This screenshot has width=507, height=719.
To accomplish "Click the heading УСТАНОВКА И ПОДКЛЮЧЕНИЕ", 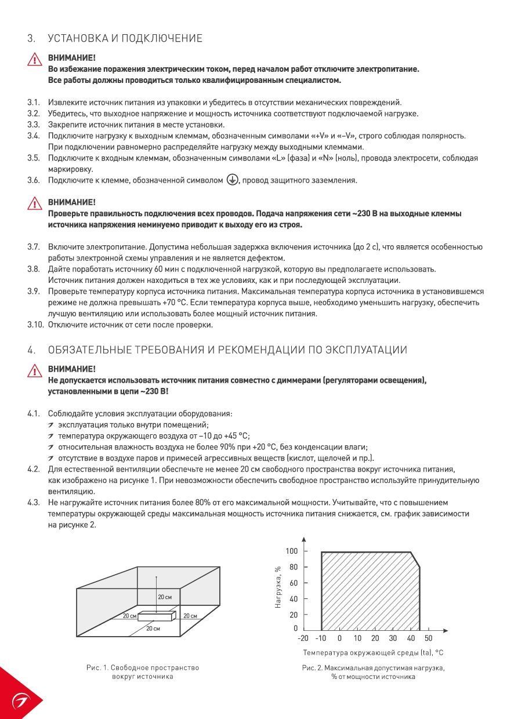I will point(125,38).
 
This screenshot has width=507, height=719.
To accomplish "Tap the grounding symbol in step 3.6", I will point(231,180).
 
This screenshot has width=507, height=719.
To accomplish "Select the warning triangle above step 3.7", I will point(35,204).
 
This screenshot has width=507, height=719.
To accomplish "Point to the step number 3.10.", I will point(35,325).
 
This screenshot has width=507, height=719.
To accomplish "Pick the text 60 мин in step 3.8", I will point(166,269).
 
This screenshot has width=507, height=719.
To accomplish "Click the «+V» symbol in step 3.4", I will point(320,136).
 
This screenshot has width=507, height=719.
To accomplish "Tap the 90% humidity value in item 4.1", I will point(222,447).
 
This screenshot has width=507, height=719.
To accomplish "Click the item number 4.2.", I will point(34,469).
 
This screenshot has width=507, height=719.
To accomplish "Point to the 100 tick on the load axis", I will point(292,550).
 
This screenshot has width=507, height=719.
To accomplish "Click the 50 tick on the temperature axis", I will point(428,638).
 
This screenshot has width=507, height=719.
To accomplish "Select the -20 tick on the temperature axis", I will point(303,638).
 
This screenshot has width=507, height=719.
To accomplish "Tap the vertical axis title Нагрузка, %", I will point(278,587).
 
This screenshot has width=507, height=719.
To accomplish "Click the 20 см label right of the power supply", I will point(190,615).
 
